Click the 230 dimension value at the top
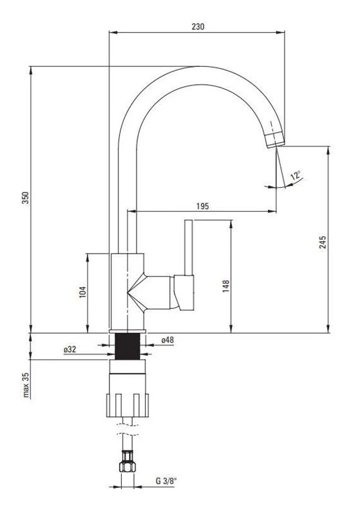pos(198,26)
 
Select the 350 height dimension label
pos(26,198)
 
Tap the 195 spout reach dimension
pos(202,206)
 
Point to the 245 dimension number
pos(323,242)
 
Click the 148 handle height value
pos(226,286)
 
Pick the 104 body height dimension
pos(83,292)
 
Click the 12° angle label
pos(295,175)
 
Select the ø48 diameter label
pos(167,340)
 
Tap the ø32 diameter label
pos(70,350)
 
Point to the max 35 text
pos(26,385)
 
